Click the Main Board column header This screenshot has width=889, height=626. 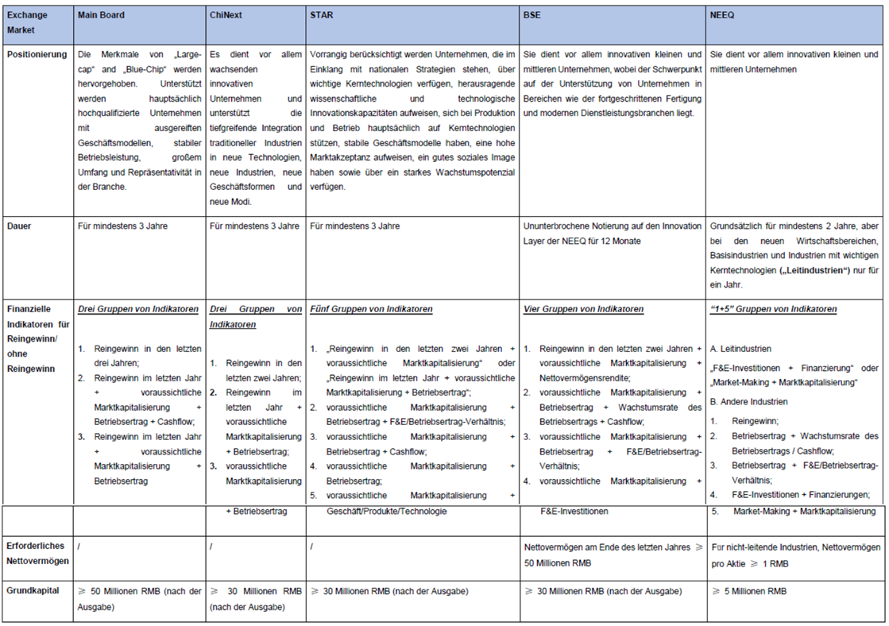tap(101, 15)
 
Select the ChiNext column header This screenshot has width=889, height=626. tap(227, 15)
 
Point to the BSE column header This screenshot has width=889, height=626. tap(532, 15)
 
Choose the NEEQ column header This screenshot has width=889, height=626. tap(724, 15)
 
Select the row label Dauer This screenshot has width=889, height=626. tap(21, 226)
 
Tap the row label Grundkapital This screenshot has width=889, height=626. tap(34, 590)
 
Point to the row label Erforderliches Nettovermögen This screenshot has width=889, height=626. tap(37, 554)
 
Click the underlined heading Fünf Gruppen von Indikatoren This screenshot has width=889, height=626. tap(372, 308)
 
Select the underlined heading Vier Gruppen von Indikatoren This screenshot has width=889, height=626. tap(584, 308)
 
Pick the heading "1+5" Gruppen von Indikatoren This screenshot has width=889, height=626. tap(773, 308)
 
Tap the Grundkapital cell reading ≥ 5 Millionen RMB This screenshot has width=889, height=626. tap(749, 590)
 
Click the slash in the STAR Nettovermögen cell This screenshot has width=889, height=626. tap(313, 547)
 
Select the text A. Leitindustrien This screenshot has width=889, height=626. tap(740, 348)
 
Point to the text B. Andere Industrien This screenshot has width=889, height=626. tap(748, 401)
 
